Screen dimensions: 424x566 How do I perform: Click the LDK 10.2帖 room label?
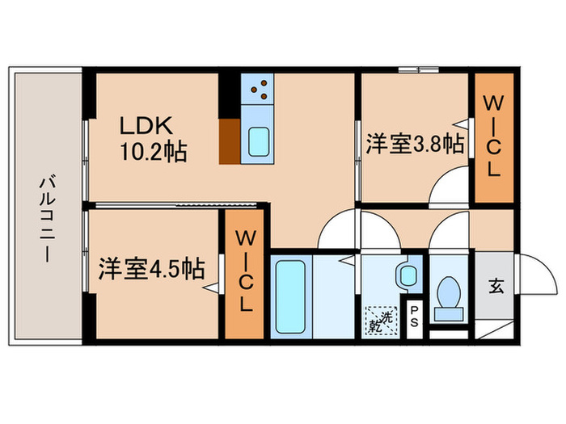click(153, 138)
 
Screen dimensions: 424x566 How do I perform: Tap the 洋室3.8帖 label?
click(415, 145)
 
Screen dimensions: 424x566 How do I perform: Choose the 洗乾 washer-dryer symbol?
click(381, 318)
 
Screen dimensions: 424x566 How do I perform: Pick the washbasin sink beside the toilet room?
click(408, 273)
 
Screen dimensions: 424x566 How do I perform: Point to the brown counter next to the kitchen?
click(230, 141)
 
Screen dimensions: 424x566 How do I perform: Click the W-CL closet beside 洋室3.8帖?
click(493, 137)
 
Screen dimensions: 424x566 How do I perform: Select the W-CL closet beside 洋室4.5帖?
click(244, 273)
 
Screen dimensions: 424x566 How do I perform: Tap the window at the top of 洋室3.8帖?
click(419, 71)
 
